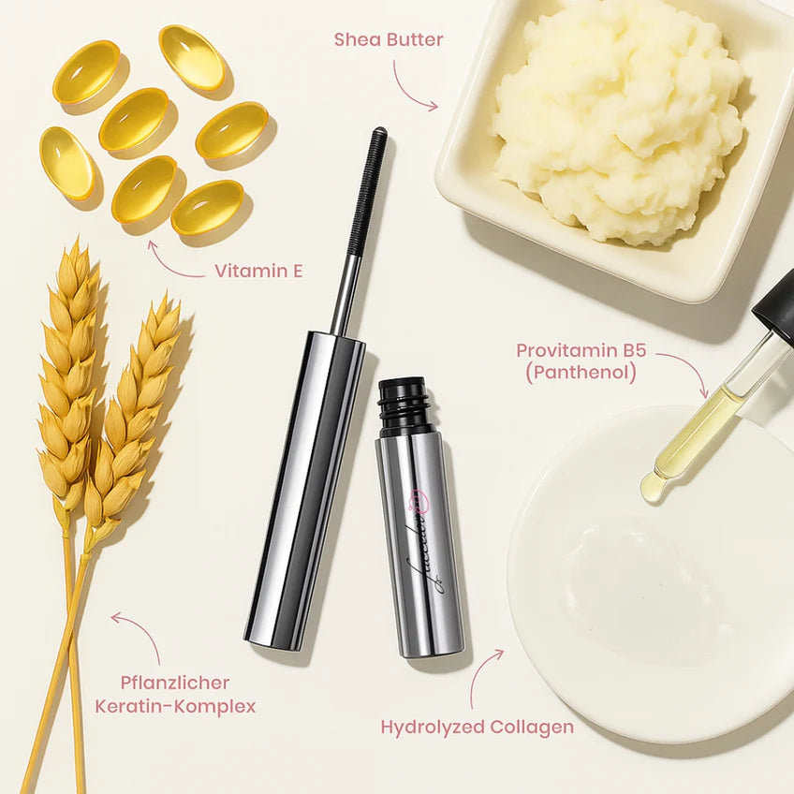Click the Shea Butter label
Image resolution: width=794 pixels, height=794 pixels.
tap(389, 39)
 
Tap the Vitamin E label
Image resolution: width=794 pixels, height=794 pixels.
tap(258, 271)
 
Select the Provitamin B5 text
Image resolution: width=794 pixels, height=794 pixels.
tap(581, 351)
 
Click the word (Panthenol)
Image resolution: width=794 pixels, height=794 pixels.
tap(581, 373)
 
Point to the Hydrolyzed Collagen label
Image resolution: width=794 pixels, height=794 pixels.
tap(477, 727)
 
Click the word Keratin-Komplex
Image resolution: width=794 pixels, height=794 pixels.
tap(175, 706)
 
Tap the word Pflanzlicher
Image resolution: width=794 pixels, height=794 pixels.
tap(175, 683)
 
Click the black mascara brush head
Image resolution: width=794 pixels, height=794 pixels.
tap(367, 192)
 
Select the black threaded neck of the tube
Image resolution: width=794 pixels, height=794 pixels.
tap(404, 406)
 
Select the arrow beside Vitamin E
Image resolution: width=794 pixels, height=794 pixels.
tap(173, 261)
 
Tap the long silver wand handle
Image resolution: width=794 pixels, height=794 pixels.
tap(304, 487)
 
